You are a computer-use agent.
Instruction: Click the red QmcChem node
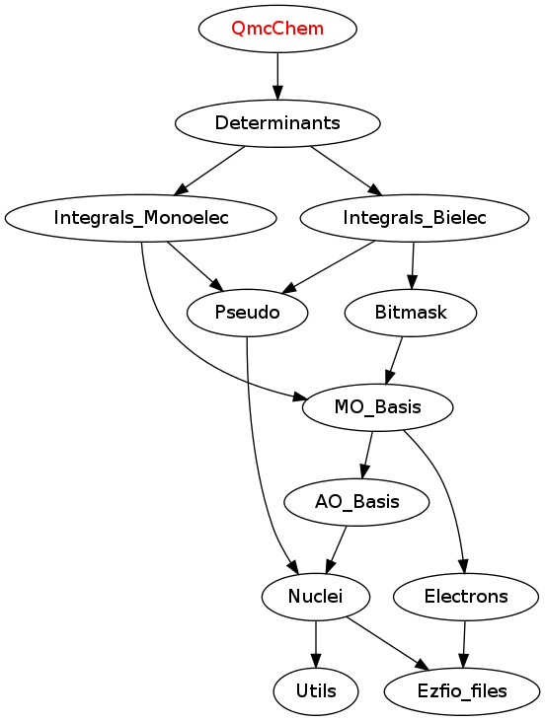pyautogui.click(x=277, y=29)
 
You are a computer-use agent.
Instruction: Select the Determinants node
pyautogui.click(x=277, y=123)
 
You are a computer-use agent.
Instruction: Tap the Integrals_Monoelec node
pyautogui.click(x=141, y=218)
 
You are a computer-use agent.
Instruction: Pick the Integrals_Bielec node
pyautogui.click(x=415, y=218)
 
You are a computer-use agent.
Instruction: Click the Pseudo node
pyautogui.click(x=247, y=313)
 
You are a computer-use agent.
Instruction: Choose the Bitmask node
pyautogui.click(x=411, y=313)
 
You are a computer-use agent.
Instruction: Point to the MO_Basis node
pyautogui.click(x=377, y=407)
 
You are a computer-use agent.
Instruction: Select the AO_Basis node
pyautogui.click(x=356, y=502)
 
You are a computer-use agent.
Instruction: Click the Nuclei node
pyautogui.click(x=315, y=597)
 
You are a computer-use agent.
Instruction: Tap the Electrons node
pyautogui.click(x=466, y=597)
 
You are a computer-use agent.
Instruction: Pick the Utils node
pyautogui.click(x=316, y=691)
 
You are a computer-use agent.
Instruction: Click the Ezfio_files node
pyautogui.click(x=462, y=691)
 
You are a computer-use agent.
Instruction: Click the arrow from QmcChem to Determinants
pyautogui.click(x=277, y=76)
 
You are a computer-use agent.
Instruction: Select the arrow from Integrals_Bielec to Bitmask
pyautogui.click(x=413, y=265)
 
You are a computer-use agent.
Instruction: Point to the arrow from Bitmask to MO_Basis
pyautogui.click(x=395, y=361)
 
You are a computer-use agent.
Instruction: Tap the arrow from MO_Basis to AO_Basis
pyautogui.click(x=368, y=456)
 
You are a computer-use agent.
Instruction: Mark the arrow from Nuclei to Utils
pyautogui.click(x=316, y=644)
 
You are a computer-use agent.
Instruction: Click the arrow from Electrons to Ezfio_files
pyautogui.click(x=464, y=644)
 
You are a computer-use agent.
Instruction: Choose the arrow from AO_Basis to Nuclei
pyautogui.click(x=336, y=549)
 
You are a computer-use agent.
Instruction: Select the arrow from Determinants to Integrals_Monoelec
pyautogui.click(x=210, y=171)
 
